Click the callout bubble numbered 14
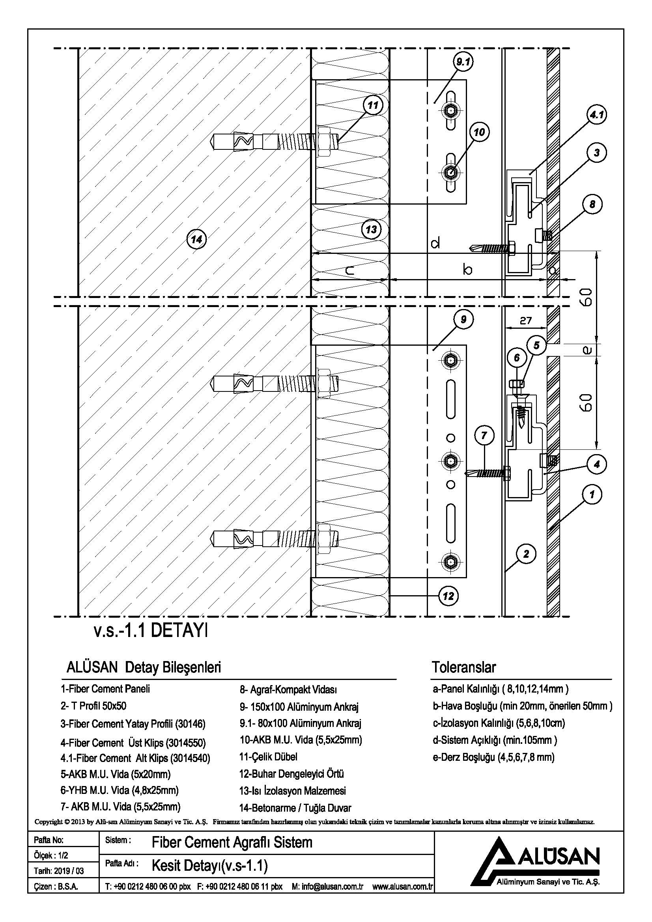(196, 240)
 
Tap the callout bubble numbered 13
(371, 230)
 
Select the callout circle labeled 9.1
(463, 62)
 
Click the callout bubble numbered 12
(448, 596)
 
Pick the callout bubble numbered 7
(484, 435)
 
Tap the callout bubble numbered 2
(526, 555)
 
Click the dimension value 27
(525, 320)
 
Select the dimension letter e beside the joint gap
(587, 350)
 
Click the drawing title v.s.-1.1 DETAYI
(151, 631)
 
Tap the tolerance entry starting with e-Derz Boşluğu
(494, 757)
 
